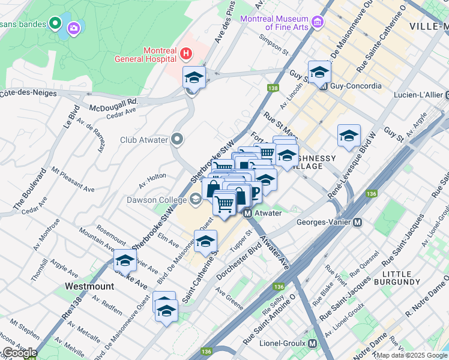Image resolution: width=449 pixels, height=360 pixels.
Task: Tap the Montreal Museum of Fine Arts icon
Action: (318, 23)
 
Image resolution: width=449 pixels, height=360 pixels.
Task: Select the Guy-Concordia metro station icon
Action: (323, 86)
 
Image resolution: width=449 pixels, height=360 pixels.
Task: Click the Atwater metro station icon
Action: (247, 212)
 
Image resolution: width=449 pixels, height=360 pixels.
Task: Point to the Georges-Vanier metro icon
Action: (357, 222)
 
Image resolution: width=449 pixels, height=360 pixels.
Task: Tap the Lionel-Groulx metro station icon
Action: (312, 343)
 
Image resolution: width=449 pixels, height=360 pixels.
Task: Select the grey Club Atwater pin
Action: (177, 139)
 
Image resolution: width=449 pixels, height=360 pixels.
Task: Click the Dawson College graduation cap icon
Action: (196, 199)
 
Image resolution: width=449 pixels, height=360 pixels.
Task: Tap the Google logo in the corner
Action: (19, 353)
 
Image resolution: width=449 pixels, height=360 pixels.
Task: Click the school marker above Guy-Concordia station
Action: (320, 71)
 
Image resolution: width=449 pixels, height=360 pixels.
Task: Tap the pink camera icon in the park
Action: (74, 27)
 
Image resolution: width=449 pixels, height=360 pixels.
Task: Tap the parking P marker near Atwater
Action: (254, 192)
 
